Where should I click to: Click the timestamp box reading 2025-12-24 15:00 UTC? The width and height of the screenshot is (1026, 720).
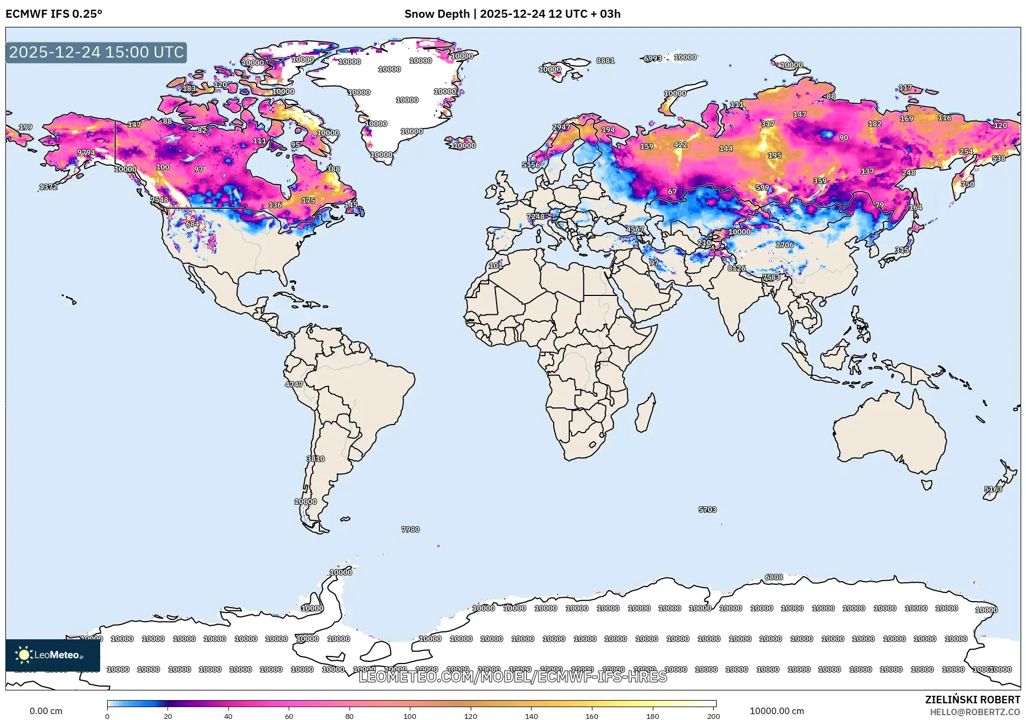tap(96, 52)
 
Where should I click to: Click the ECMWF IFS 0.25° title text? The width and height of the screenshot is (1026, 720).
tap(54, 14)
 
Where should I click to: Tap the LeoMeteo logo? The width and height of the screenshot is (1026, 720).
tap(52, 655)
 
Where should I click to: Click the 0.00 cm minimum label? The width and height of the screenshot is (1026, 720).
tap(46, 711)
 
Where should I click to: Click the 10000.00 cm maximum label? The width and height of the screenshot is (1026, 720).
tap(776, 711)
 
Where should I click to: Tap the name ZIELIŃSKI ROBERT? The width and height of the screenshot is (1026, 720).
tap(972, 700)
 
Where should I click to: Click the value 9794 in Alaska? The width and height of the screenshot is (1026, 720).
tap(86, 153)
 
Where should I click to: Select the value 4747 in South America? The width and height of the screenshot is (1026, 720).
tap(294, 384)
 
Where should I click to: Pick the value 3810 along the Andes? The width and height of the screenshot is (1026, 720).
tap(316, 459)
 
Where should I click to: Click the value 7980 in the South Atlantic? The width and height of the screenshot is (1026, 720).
tap(410, 530)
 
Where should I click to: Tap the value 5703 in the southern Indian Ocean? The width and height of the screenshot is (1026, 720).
tap(707, 510)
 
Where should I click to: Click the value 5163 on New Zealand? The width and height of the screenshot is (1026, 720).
tap(993, 489)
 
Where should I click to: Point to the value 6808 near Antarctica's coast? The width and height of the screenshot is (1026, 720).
tap(774, 577)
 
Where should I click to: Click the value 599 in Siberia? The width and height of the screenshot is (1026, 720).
tap(762, 188)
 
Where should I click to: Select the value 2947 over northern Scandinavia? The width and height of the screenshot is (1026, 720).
tap(561, 128)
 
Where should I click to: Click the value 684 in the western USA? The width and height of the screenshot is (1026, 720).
tap(192, 224)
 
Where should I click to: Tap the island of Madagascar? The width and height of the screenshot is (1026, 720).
tap(645, 413)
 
